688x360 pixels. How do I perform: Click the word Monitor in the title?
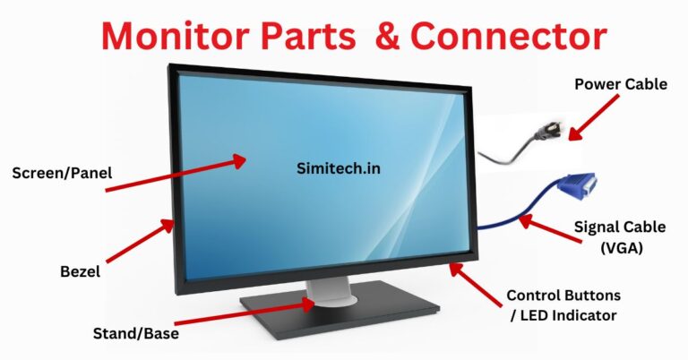pyautogui.click(x=175, y=36)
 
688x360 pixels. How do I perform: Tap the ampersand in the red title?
pyautogui.click(x=387, y=36)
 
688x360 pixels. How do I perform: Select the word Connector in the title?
pyautogui.click(x=509, y=36)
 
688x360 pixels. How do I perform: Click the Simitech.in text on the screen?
pyautogui.click(x=339, y=168)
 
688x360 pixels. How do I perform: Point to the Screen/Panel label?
pyautogui.click(x=62, y=173)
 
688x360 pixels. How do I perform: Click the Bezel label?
pyautogui.click(x=81, y=271)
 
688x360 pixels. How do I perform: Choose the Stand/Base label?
pyautogui.click(x=136, y=333)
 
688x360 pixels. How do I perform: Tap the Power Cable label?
pyautogui.click(x=621, y=84)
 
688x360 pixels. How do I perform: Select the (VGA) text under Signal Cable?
pyautogui.click(x=622, y=248)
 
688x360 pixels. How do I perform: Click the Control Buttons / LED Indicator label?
pyautogui.click(x=563, y=305)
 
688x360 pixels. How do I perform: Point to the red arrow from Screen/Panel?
pyautogui.click(x=176, y=173)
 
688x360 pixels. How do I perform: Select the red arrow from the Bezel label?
pyautogui.click(x=141, y=240)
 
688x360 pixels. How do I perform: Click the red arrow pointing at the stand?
pyautogui.click(x=245, y=313)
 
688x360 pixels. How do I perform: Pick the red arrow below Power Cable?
pyautogui.click(x=593, y=117)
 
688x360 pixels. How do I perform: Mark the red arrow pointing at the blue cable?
pyautogui.click(x=550, y=228)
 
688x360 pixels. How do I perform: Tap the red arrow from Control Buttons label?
pyautogui.click(x=476, y=284)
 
